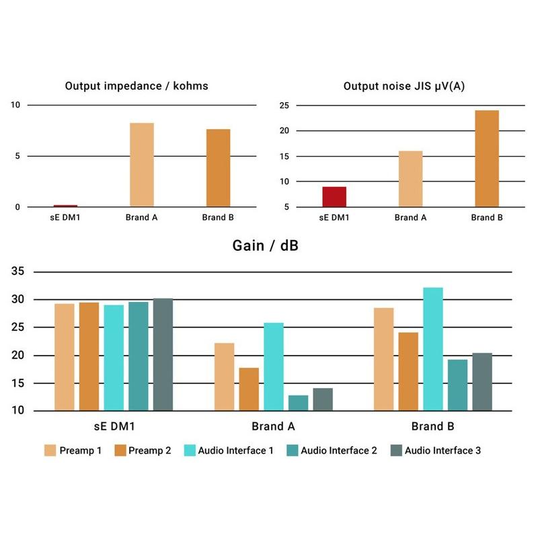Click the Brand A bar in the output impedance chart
(142, 165)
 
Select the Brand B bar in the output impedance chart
(218, 168)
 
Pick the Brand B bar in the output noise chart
(487, 159)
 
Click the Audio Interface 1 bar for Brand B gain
(433, 349)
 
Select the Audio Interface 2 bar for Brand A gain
(298, 403)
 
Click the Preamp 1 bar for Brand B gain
(383, 359)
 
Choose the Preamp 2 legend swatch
(120, 451)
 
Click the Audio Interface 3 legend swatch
(396, 451)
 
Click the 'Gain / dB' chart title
(266, 245)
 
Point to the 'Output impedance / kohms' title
(137, 86)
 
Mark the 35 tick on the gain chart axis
(17, 272)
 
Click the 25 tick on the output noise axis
(284, 105)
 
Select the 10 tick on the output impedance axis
(15, 105)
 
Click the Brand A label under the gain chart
(273, 426)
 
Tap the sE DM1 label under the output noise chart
(334, 218)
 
